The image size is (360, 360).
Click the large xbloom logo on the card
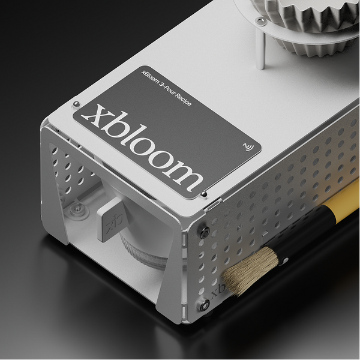pyautogui.click(x=142, y=147)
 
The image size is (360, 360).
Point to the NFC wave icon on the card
pyautogui.click(x=248, y=147)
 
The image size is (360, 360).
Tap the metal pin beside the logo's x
pyautogui.click(x=76, y=104)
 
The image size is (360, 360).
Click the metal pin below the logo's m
pyautogui.click(x=203, y=194)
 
